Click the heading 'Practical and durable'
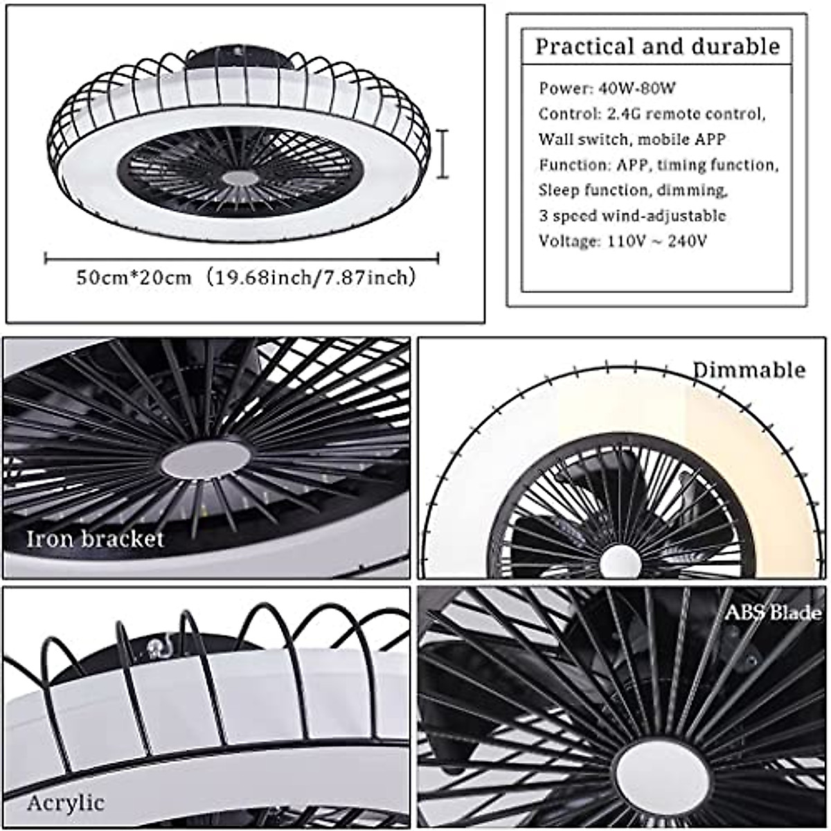point(657,47)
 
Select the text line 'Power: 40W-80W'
point(607,88)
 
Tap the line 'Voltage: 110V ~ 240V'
point(623,241)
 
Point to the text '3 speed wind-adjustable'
point(632,215)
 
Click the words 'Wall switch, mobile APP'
point(632,139)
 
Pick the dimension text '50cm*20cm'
point(134,278)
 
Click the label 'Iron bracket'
point(95,539)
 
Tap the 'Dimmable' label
point(749,370)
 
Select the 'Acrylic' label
point(66,803)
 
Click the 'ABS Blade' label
point(773,613)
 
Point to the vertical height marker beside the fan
point(442,154)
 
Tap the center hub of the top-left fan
point(240,177)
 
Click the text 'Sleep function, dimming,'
point(632,190)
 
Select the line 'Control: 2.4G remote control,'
point(652,114)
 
